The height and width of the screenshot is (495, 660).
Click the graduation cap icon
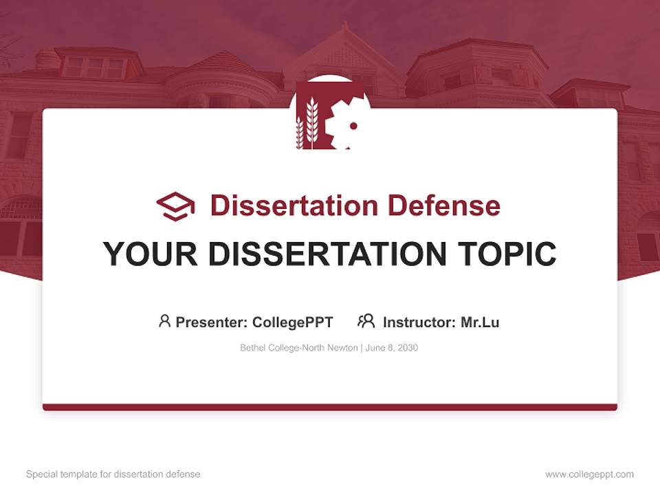pos(175,206)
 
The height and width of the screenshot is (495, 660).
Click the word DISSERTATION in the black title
pos(326,254)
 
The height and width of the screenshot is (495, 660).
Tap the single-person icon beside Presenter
pos(164,321)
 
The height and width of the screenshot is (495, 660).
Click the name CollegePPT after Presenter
pos(293,322)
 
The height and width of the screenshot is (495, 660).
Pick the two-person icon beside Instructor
pos(366,321)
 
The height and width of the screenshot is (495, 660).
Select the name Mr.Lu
pos(480,322)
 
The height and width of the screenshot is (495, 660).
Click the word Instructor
pos(419,322)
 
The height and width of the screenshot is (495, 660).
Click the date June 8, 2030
pos(392,348)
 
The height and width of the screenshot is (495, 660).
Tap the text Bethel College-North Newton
pos(298,348)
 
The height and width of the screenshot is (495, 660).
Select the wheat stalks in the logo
pos(308,124)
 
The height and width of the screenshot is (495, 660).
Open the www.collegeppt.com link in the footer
pos(589,474)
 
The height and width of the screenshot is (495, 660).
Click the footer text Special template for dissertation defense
pos(113,474)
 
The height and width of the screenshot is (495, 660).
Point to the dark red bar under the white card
pos(330,407)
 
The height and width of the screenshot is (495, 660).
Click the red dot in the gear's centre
pos(353,126)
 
